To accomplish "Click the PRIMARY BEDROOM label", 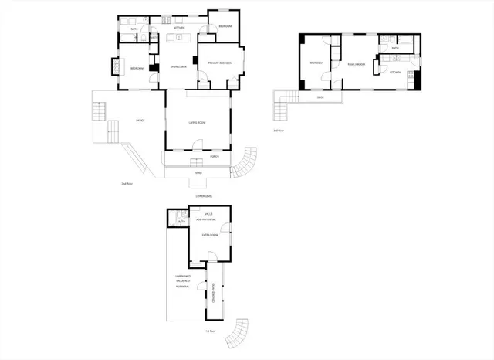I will pos(220,63).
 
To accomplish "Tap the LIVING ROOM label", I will pos(197,121).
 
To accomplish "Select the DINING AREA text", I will pos(179,67).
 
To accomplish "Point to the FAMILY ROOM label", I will pos(356,63).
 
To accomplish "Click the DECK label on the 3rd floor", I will pos(320,98).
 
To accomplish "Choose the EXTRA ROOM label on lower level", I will pos(210,234).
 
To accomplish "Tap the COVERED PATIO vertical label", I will pos(215,292).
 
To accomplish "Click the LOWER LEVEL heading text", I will pos(204,197).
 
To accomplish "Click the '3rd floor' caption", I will pos(279,130).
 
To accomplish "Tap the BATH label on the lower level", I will pos(182,222).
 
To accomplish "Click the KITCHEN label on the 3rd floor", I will pos(395,72).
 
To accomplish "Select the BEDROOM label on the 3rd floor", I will pos(315,63).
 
